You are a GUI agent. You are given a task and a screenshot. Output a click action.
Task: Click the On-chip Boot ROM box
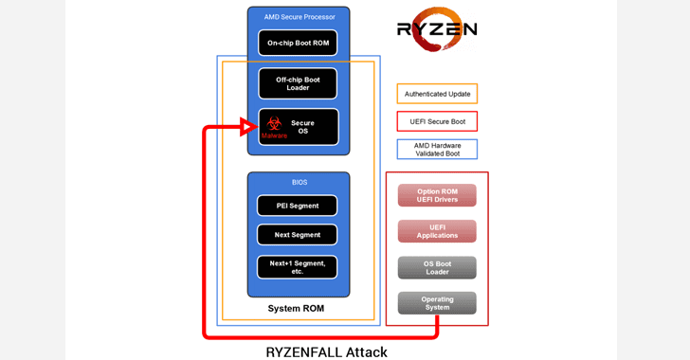point(298,43)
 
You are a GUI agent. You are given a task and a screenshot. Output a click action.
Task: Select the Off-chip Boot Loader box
point(298,83)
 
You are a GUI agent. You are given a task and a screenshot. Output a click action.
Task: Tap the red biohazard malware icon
point(274,123)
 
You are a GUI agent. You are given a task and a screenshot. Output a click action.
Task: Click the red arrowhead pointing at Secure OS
point(248,127)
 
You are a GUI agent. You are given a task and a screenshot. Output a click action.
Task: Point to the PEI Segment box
point(298,206)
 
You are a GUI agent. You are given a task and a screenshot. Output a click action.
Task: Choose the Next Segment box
point(298,235)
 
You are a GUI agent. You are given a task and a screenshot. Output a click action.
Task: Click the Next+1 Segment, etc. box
point(298,267)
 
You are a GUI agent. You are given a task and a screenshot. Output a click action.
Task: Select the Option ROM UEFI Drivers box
point(437,195)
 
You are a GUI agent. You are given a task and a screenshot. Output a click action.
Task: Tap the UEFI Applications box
point(437,231)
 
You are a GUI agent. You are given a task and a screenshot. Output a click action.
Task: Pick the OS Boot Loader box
point(437,267)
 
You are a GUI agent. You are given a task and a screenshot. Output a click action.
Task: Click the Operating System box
point(437,303)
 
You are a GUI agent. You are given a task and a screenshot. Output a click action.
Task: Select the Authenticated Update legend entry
point(438,94)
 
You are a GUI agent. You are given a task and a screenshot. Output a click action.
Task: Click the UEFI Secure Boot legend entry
point(438,121)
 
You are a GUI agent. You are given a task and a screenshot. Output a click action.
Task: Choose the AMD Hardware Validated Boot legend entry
point(438,150)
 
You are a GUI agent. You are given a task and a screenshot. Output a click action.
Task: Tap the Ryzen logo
point(437,29)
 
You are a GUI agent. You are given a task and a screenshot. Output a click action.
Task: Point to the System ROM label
point(296,309)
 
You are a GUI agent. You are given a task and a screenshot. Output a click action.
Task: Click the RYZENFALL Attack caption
point(326,352)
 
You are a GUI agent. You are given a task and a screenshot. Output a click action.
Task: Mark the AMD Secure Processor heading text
point(300,17)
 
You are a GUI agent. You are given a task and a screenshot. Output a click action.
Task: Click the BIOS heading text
point(300,182)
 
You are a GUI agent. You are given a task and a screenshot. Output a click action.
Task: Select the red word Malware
point(274,135)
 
